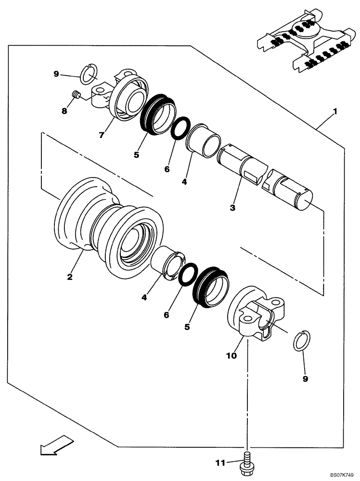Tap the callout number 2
click(x=70, y=277)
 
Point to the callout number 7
click(x=102, y=135)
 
